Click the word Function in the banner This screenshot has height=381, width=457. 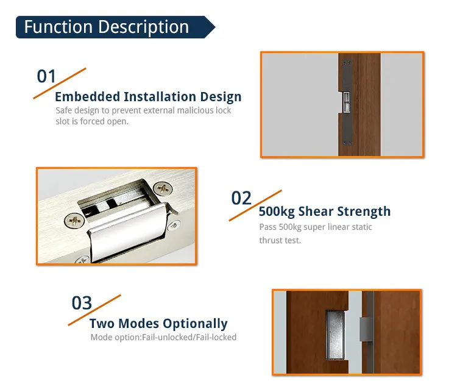[57, 27]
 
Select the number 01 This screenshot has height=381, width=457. [46, 76]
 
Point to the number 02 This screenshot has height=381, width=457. [241, 198]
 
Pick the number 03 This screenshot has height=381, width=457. [82, 303]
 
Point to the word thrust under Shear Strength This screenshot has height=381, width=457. [272, 240]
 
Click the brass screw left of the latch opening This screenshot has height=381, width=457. [75, 219]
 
